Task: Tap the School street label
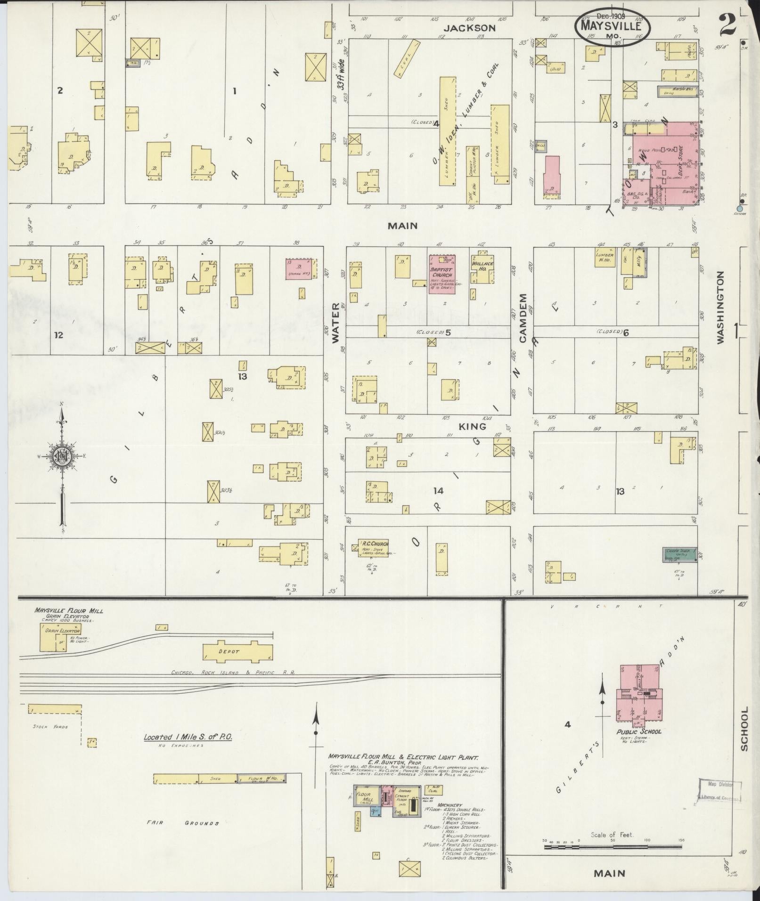tap(744, 735)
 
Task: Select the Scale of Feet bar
tap(613, 846)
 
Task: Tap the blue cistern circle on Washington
tap(739, 209)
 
